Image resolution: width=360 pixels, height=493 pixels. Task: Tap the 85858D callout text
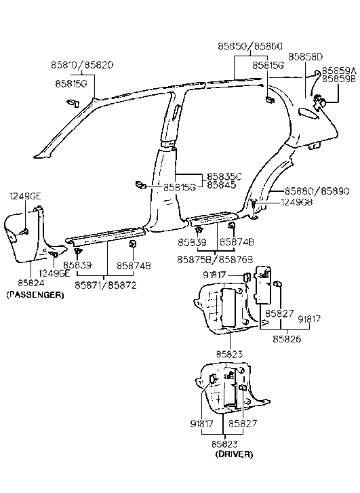coord(306,56)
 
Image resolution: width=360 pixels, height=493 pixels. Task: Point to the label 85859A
coord(338,70)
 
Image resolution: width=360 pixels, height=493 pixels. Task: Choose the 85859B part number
coord(338,79)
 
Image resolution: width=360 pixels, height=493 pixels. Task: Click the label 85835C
coord(224,175)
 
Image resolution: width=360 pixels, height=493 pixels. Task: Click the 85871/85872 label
coord(106,285)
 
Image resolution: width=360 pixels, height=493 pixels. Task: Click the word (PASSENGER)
coord(35,295)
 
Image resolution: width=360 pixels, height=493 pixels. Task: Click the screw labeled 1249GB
coord(254,203)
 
